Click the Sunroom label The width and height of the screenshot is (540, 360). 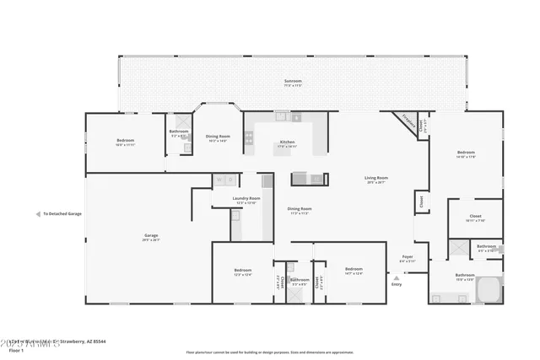point(293,82)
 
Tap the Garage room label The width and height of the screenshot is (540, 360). point(151,236)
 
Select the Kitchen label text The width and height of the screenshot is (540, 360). point(287,142)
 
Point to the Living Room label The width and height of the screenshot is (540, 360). point(376,179)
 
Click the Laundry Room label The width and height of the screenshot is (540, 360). point(247,200)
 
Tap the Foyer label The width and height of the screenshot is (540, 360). point(407,258)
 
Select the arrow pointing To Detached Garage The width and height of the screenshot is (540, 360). point(38,214)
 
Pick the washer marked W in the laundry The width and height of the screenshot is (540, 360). point(218,180)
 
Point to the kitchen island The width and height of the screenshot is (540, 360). point(309,179)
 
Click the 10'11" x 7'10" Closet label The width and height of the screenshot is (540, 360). point(475,218)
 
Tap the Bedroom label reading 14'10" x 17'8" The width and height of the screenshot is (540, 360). point(466,153)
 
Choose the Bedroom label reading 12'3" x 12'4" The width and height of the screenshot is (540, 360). point(242,271)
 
